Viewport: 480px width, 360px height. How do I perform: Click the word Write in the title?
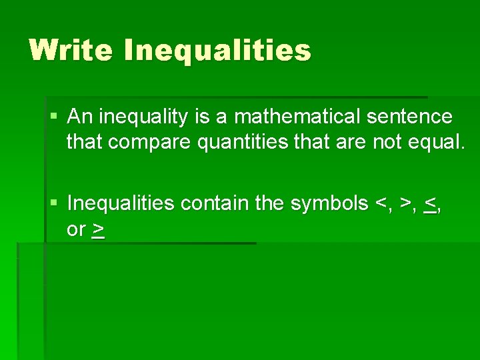[71, 50]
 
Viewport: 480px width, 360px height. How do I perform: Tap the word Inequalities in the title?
[217, 50]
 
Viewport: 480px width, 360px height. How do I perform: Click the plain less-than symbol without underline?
[383, 203]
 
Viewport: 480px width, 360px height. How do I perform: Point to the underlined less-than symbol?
[430, 203]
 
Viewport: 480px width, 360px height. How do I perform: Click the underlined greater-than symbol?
[98, 230]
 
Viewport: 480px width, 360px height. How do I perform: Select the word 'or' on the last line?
[76, 230]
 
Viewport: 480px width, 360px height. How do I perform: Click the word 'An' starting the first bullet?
[80, 117]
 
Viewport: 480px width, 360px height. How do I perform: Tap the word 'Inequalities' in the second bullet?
[122, 203]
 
